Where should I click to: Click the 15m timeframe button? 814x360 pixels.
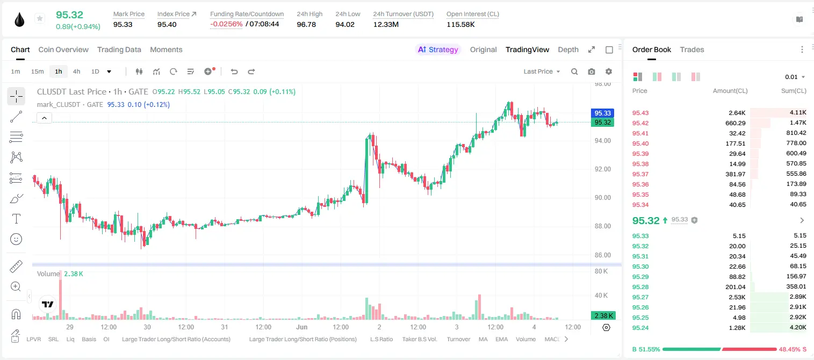(37, 71)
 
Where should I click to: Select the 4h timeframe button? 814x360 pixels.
(76, 71)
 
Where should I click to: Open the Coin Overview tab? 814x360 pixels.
(63, 49)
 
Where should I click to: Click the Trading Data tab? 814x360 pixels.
(119, 49)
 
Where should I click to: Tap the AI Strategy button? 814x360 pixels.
(438, 49)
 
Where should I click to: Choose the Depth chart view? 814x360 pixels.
(568, 49)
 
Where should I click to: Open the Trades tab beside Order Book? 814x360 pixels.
(692, 49)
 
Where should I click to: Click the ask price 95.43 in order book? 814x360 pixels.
(640, 113)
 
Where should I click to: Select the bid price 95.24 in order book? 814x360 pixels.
(640, 328)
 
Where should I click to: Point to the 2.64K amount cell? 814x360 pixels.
(737, 113)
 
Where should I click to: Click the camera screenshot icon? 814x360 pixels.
(592, 71)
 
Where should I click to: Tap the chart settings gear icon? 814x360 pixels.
(609, 71)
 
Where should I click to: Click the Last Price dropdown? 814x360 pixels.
(542, 71)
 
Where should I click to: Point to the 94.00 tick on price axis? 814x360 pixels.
(602, 141)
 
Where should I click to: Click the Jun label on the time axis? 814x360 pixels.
(301, 327)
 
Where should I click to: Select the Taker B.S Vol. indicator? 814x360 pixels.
(419, 339)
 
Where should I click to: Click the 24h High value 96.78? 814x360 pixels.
(306, 24)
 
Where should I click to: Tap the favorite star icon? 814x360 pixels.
(40, 18)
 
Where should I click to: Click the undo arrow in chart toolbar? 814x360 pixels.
(234, 71)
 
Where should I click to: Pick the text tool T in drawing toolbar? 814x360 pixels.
(16, 219)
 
